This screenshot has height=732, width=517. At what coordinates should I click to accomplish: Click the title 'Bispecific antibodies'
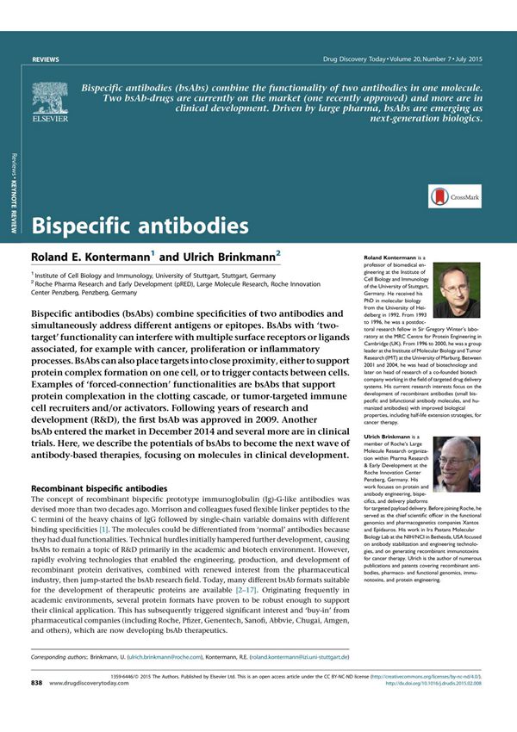point(140,226)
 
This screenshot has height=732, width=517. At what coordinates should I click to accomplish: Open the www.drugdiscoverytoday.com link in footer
point(97,707)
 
